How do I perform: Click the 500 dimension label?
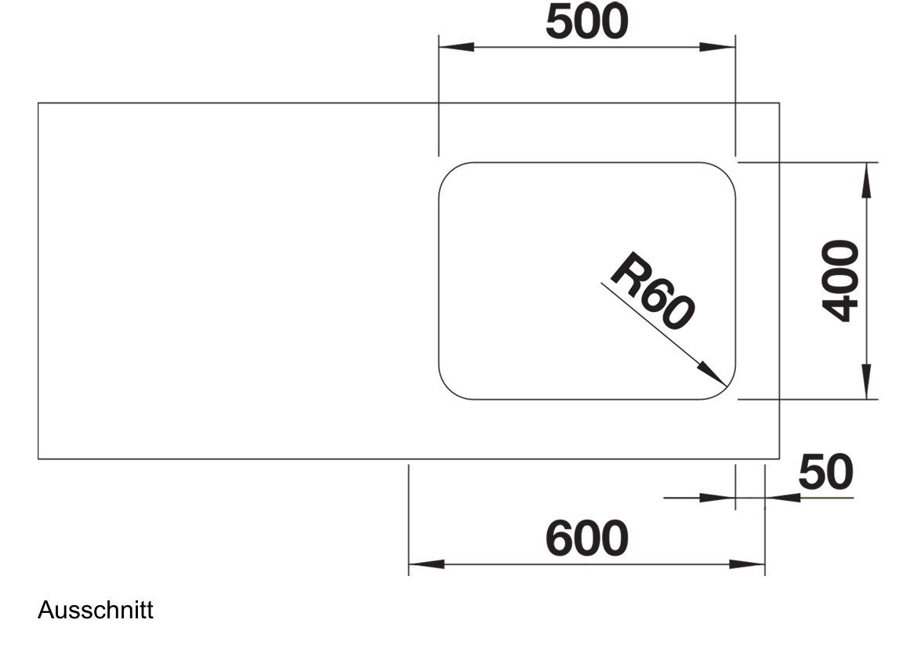click(587, 22)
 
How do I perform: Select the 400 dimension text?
click(840, 281)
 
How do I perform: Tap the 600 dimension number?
click(587, 538)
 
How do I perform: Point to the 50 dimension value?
click(826, 471)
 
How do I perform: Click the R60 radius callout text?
click(653, 291)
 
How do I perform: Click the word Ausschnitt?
click(95, 611)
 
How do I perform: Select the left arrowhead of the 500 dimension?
click(456, 47)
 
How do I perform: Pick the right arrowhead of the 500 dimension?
click(717, 47)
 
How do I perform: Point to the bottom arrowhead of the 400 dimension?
click(866, 381)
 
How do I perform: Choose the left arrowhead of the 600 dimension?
click(426, 564)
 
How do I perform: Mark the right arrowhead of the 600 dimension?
click(747, 564)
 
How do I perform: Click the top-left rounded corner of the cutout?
click(449, 172)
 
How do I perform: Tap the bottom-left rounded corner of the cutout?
click(449, 390)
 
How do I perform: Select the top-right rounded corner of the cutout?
click(725, 172)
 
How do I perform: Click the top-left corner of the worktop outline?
click(38, 103)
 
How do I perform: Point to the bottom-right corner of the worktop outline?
click(779, 458)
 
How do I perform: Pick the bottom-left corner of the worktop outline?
click(38, 458)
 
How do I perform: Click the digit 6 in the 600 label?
click(559, 538)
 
